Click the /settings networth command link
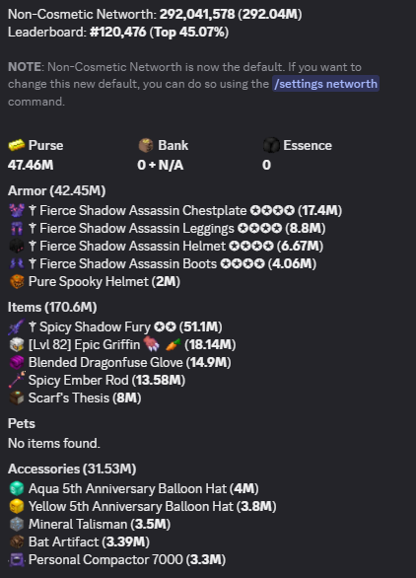(x=325, y=84)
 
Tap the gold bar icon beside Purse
(x=16, y=145)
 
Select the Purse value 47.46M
(x=31, y=165)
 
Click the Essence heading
(x=308, y=145)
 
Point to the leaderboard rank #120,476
(x=118, y=33)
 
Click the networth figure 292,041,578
(x=197, y=15)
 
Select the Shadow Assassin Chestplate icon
(x=17, y=210)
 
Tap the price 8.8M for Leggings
(x=305, y=228)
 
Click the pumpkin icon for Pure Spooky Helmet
(x=17, y=282)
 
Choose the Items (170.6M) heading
(x=52, y=307)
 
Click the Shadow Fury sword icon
(x=17, y=326)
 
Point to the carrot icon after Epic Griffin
(x=173, y=344)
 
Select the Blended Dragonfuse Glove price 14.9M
(x=209, y=362)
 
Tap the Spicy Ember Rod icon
(x=17, y=380)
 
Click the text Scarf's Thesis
(x=69, y=397)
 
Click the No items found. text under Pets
(x=54, y=443)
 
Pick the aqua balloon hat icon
(x=17, y=488)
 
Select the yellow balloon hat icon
(x=17, y=506)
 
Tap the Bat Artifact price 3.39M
(x=125, y=542)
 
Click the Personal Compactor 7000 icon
(x=17, y=559)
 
